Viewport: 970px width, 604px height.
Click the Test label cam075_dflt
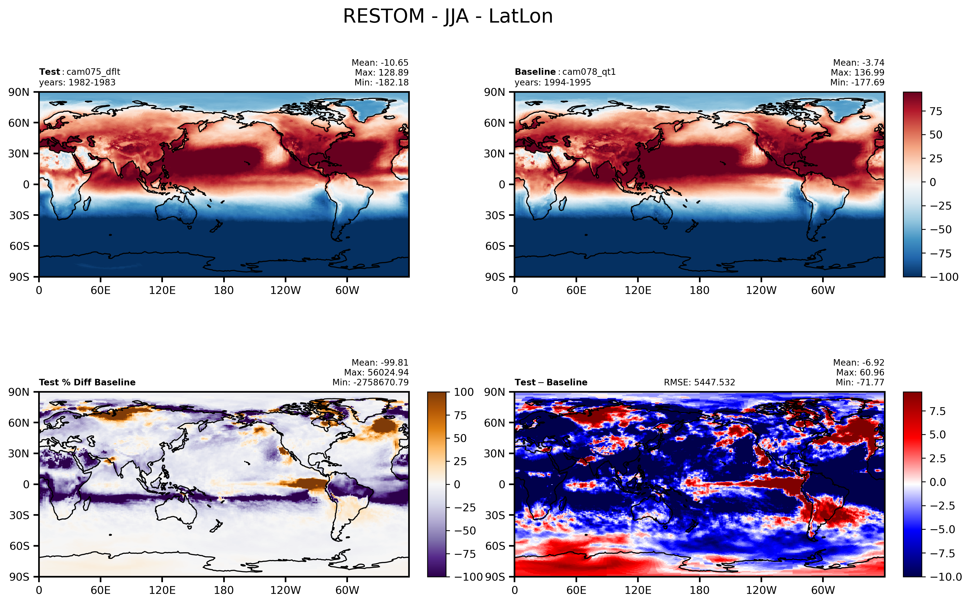[x=93, y=72]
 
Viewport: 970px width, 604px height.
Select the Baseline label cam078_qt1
[x=589, y=72]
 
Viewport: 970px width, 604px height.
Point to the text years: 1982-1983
[x=77, y=82]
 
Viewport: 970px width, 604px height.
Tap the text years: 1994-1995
[x=553, y=82]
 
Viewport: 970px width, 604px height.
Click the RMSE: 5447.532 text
[x=700, y=382]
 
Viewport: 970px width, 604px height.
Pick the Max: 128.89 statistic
[x=382, y=72]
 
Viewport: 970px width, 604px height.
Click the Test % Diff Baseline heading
[x=87, y=382]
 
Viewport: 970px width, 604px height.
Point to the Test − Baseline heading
[x=551, y=382]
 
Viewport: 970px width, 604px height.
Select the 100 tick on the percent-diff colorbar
[x=464, y=392]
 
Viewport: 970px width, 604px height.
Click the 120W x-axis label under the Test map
[x=285, y=290]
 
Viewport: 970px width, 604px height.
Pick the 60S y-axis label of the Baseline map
[x=495, y=246]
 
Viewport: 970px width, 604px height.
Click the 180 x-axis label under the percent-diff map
[x=224, y=590]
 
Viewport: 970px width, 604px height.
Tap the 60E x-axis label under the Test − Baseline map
[x=576, y=590]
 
